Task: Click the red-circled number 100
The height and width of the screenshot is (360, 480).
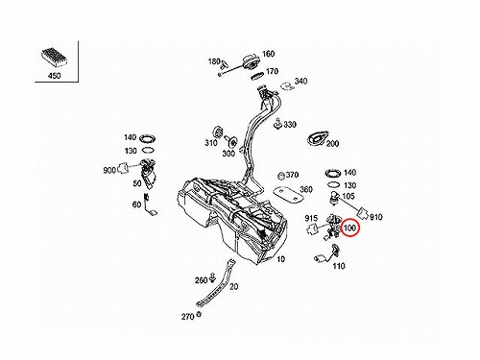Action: [349, 228]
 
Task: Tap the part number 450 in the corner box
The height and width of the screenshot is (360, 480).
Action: [54, 76]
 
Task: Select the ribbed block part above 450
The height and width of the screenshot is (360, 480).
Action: [54, 58]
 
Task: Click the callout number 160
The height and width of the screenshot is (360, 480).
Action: [269, 54]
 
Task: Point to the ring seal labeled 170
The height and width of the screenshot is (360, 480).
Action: [257, 77]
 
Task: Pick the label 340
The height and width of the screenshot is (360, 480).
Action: [300, 81]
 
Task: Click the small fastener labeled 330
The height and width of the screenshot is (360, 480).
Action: [277, 124]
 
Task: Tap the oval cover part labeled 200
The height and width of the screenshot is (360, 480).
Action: [318, 138]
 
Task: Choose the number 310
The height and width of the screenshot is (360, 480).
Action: [211, 143]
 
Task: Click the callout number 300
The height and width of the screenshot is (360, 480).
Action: [228, 154]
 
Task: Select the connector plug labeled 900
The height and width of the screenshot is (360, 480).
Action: [122, 168]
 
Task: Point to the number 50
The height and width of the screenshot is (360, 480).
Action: [137, 183]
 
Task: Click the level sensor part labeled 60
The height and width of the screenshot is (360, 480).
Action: [151, 204]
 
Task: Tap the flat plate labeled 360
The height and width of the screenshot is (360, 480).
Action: [288, 195]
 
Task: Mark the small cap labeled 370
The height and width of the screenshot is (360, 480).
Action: [281, 176]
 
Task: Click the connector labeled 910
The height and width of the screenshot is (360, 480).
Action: [363, 213]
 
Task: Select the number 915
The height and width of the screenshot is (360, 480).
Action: [311, 218]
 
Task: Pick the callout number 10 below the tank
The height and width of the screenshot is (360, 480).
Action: [280, 259]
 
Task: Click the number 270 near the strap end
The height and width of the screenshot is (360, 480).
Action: [188, 317]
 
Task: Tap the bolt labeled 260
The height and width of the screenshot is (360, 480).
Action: [212, 278]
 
